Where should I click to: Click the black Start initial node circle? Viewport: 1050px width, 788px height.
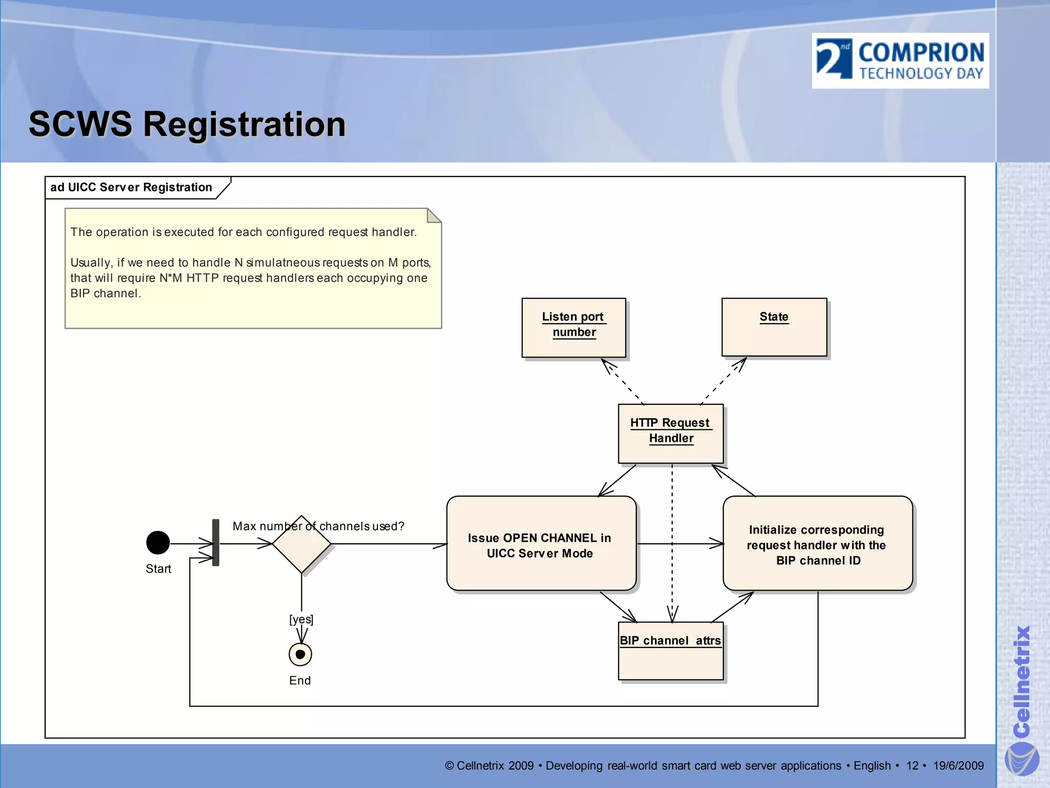[158, 543]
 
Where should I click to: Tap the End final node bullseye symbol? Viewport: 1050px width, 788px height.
[300, 654]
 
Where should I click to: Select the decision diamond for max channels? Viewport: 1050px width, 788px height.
[301, 544]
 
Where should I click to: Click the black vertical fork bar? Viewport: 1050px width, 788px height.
[216, 542]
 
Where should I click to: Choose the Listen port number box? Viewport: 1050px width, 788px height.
[574, 327]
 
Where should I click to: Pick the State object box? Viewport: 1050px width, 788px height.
[774, 327]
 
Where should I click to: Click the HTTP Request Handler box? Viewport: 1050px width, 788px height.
[671, 434]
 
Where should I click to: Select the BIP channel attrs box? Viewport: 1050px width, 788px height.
[671, 651]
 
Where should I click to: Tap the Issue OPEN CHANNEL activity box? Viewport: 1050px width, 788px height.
[541, 544]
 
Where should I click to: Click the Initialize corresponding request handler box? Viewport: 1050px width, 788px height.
[817, 544]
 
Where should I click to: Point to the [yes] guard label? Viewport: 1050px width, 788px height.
[301, 619]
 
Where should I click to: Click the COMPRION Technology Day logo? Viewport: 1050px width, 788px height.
[900, 61]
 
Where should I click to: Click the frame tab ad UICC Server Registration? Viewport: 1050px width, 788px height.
[131, 187]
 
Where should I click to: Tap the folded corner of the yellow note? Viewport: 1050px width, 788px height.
[433, 215]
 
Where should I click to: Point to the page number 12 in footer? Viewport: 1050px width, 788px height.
[912, 765]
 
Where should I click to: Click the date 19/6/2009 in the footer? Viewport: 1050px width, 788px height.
[958, 765]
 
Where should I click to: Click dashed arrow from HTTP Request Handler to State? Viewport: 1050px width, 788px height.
[723, 381]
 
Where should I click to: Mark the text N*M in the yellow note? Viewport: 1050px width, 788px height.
[170, 278]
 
